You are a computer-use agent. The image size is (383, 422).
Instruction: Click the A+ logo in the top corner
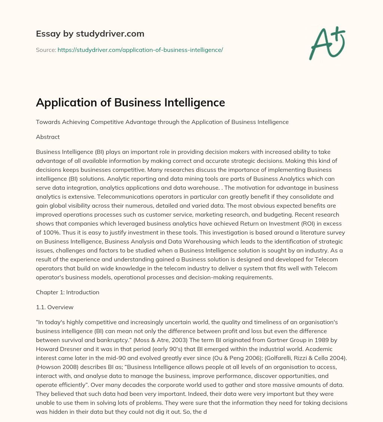(327, 43)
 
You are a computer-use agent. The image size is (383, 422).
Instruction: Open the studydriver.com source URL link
(140, 50)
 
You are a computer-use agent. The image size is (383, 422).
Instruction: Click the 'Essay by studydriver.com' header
(90, 34)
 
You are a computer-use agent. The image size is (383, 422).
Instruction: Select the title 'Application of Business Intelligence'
(130, 102)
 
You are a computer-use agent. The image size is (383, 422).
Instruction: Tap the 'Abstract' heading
(48, 137)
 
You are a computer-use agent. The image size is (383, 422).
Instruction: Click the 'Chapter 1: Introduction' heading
(68, 292)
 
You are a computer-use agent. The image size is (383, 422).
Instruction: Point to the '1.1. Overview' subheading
(55, 307)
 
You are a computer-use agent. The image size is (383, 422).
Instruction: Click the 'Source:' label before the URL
(46, 50)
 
